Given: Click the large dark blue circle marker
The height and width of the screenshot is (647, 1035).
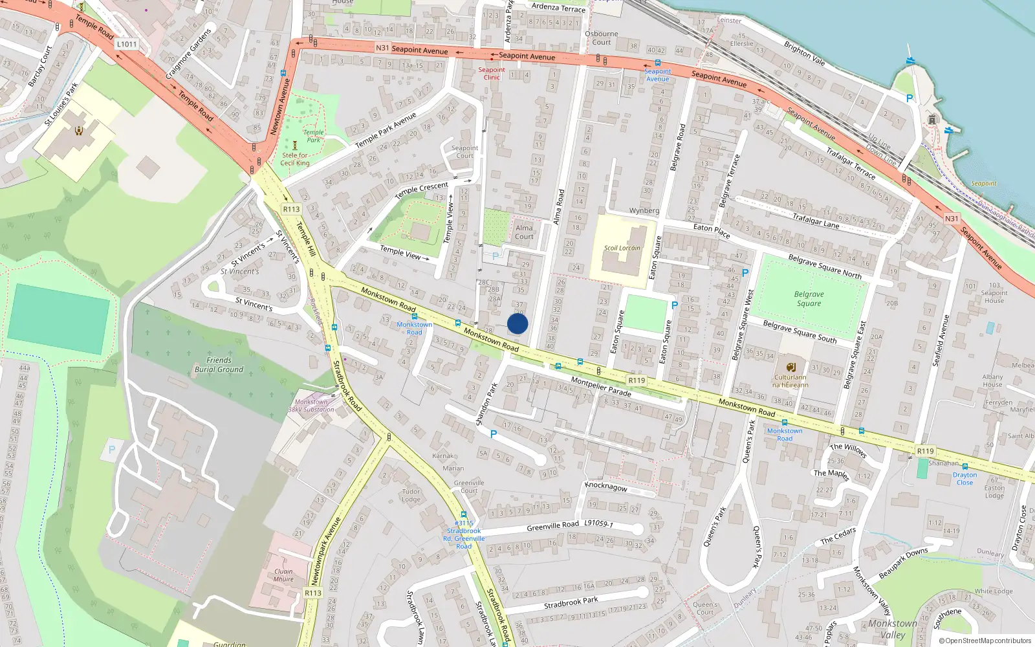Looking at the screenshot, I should click(517, 323).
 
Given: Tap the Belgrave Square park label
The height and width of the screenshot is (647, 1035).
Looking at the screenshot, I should click(809, 298).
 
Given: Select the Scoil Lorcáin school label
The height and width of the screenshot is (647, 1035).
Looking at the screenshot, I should click(622, 248).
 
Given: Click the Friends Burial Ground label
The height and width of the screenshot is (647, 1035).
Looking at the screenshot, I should click(219, 365).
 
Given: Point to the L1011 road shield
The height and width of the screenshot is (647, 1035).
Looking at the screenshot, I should click(127, 44).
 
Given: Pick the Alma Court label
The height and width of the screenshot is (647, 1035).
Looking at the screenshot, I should click(524, 232).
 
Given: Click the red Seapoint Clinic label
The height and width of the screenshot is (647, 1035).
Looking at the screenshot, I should click(492, 73).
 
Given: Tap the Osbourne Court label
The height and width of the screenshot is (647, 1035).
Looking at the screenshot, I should click(601, 38).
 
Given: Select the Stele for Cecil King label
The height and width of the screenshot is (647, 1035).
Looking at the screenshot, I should click(295, 159).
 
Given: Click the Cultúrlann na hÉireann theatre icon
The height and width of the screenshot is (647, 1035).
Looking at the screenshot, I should click(790, 367).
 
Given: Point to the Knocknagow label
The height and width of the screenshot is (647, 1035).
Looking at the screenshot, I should click(605, 486).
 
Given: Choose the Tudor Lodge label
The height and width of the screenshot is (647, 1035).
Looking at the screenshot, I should click(411, 495).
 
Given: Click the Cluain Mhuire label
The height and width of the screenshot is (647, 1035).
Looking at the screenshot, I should click(283, 575).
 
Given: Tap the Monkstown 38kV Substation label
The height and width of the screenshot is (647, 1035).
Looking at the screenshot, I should click(311, 406).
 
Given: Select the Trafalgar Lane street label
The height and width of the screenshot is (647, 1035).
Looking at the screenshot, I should click(816, 221).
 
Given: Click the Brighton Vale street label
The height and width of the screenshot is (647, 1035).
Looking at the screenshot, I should click(805, 53).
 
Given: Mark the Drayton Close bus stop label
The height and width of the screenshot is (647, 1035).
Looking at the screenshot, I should click(964, 478).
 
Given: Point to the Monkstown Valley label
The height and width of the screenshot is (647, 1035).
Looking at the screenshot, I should click(893, 629).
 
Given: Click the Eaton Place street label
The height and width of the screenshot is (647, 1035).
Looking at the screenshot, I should click(712, 230).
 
